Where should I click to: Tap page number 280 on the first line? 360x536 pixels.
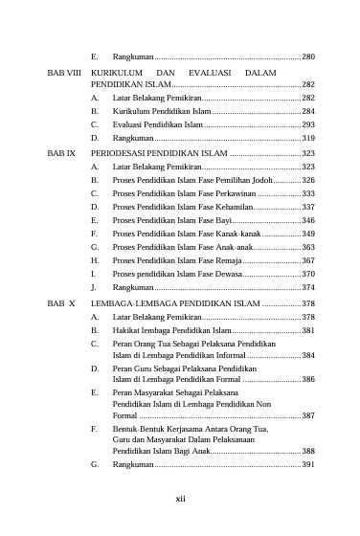click(x=308, y=58)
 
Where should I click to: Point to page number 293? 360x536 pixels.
click(x=308, y=125)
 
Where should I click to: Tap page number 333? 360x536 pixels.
click(x=308, y=193)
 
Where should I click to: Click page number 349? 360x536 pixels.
click(x=308, y=234)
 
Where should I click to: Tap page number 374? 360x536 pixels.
click(x=308, y=287)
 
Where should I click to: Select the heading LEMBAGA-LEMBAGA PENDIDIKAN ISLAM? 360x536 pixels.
click(x=174, y=302)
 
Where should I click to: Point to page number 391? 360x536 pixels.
click(x=308, y=464)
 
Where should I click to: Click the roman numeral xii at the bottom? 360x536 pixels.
click(x=180, y=499)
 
